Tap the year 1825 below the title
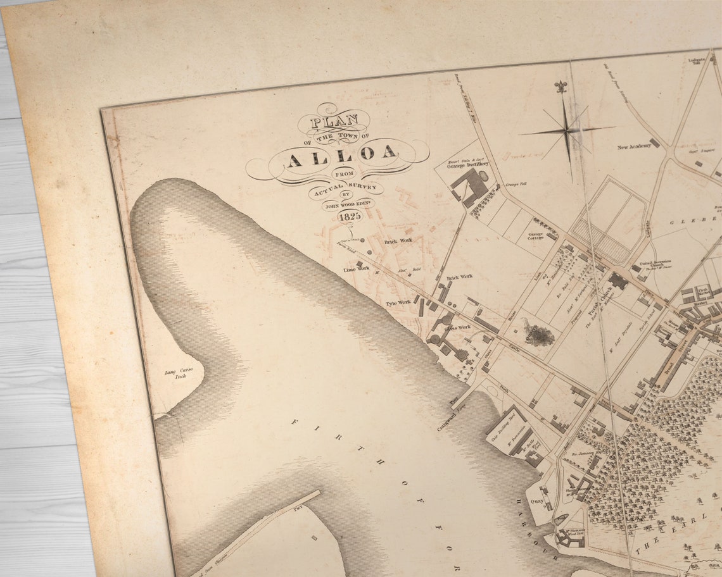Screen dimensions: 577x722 [350, 216]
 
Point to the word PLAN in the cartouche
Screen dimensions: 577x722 [336, 120]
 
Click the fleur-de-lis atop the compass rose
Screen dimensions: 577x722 [560, 88]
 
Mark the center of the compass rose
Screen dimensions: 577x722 [568, 131]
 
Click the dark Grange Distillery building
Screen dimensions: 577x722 [469, 187]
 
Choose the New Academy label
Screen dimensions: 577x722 [635, 146]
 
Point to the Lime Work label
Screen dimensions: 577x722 [356, 270]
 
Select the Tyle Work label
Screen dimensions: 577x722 [398, 304]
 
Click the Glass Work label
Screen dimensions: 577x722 [457, 327]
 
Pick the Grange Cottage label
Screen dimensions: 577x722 [534, 237]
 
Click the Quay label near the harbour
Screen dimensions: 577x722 [537, 501]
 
